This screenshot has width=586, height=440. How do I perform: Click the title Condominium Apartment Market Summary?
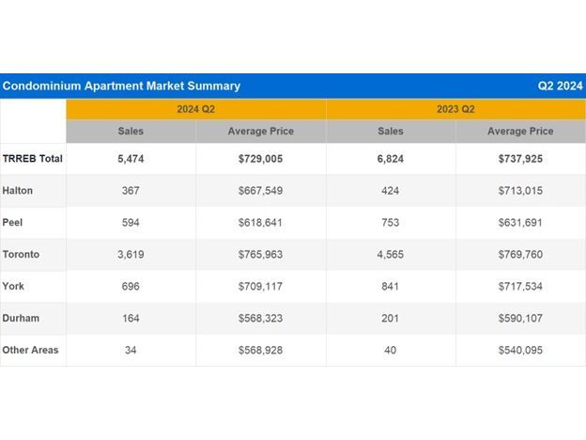(121, 86)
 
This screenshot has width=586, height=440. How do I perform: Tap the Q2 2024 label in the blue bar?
(560, 86)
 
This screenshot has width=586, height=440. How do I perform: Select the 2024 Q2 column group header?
(196, 109)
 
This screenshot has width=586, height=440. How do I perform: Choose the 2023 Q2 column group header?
(455, 109)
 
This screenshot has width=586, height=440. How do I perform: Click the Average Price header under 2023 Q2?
(520, 132)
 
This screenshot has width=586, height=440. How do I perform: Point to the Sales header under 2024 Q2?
(131, 132)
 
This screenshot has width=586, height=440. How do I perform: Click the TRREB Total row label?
(33, 159)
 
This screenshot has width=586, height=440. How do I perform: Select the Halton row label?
(18, 191)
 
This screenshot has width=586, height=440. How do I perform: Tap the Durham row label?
(21, 318)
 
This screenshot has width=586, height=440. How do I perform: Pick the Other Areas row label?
(31, 350)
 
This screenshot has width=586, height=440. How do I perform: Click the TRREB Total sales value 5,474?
(131, 159)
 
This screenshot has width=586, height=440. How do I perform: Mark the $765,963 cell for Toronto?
(261, 255)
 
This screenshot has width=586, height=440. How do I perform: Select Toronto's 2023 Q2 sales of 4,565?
(391, 255)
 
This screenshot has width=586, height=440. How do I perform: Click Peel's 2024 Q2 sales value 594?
(131, 223)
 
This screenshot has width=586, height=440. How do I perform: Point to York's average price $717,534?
(520, 287)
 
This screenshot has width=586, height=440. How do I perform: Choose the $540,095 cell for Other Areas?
(520, 350)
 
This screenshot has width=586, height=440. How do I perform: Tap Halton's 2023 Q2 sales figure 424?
(391, 191)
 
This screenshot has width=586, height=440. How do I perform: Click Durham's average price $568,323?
(261, 318)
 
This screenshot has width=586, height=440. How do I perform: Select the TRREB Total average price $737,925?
(520, 159)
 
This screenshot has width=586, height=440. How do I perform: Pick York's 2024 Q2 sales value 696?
(131, 287)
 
